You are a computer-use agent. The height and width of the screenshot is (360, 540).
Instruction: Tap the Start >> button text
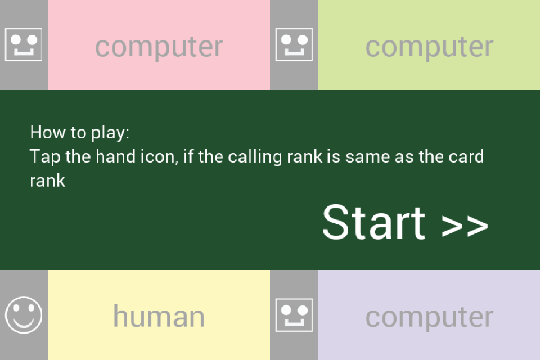405,223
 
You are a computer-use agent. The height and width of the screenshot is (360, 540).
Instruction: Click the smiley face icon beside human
24,315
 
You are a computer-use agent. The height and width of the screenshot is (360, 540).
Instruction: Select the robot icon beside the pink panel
24,45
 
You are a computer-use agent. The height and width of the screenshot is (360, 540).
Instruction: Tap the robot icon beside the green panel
294,45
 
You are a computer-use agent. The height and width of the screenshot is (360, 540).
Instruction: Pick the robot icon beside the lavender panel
294,315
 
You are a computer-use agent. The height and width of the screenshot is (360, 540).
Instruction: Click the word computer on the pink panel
159,46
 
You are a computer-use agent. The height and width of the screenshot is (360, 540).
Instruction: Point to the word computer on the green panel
429,46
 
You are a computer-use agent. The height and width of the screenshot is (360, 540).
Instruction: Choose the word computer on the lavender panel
429,316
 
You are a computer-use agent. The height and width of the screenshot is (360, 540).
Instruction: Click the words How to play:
80,133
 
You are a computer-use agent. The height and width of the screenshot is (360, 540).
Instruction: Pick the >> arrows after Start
465,225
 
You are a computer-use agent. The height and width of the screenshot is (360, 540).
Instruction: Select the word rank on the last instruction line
48,181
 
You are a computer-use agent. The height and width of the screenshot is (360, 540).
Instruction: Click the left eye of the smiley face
17,308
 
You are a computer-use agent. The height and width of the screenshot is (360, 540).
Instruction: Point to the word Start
373,223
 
